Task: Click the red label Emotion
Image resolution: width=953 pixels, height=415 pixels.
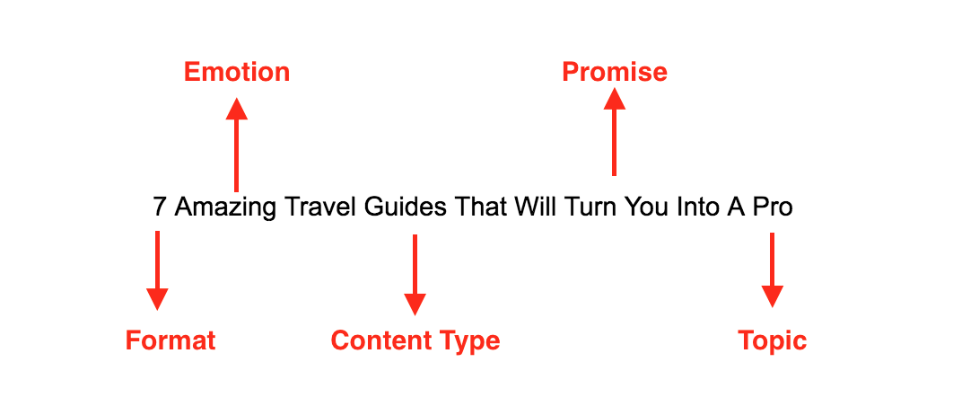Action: tap(236, 73)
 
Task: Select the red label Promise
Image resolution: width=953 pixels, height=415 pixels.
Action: tap(615, 73)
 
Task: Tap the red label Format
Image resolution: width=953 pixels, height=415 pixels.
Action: tap(170, 340)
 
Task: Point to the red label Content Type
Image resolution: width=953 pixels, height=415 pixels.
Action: tap(415, 340)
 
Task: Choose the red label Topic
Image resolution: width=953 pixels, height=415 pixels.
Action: tap(772, 340)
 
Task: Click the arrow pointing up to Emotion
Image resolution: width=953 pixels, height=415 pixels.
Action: tap(236, 145)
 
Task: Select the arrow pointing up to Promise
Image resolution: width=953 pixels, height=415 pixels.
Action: tap(615, 131)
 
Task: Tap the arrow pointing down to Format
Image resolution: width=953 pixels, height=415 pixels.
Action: tap(157, 270)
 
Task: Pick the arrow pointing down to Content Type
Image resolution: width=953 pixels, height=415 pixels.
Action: tap(415, 275)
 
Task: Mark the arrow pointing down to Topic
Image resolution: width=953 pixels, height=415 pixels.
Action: tap(772, 269)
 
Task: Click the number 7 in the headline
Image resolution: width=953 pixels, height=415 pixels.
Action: tap(159, 207)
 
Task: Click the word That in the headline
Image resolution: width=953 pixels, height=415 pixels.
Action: tap(480, 207)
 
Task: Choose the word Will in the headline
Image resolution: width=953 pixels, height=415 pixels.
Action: tap(535, 207)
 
